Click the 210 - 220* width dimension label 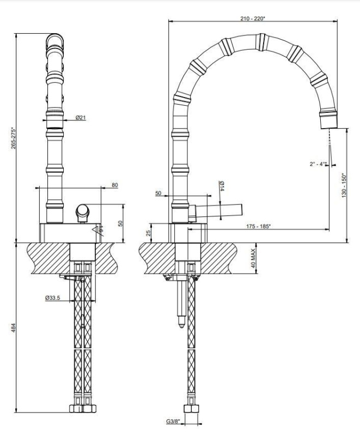point(253,19)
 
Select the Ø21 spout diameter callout point(81,118)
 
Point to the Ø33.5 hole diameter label point(52,298)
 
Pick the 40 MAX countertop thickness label point(253,258)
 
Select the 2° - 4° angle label point(317,164)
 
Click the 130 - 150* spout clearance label point(344,185)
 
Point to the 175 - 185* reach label point(258,226)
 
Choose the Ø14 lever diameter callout point(222,186)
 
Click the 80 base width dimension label point(115,185)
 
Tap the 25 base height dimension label point(149,233)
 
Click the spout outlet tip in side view point(330,123)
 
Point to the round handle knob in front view point(83,211)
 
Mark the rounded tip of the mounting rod point(181,324)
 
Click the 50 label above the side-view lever point(158,193)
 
